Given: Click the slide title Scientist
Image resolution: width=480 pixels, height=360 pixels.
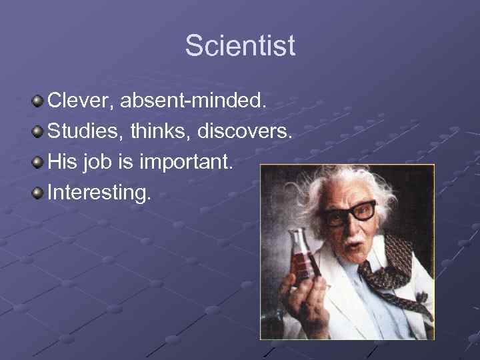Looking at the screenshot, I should click(240, 46).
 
